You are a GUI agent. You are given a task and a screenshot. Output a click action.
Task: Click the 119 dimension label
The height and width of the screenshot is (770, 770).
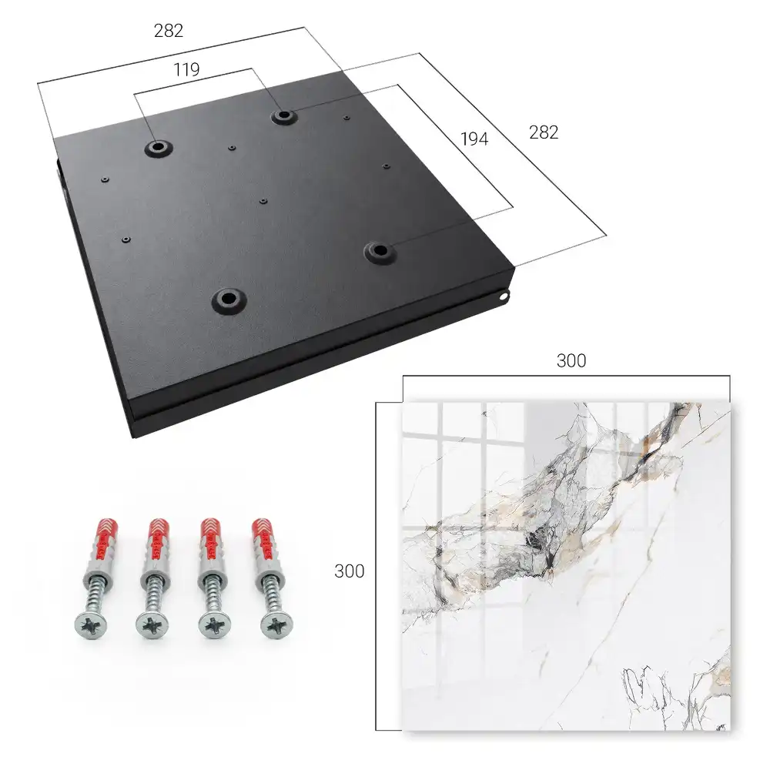click(x=186, y=70)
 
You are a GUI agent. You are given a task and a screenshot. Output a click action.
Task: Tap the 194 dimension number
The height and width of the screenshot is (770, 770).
click(x=474, y=139)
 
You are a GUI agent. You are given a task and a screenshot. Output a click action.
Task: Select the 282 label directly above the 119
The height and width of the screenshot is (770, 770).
click(x=169, y=31)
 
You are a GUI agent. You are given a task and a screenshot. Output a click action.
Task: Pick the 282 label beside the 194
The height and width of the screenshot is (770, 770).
click(x=544, y=132)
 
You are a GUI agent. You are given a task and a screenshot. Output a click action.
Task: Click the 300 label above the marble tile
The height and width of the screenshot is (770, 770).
click(x=571, y=361)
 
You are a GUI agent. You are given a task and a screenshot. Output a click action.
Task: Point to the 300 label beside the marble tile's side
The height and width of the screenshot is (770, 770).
click(x=349, y=571)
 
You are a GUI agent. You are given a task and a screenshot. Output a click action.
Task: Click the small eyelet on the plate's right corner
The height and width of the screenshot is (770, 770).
click(x=504, y=296)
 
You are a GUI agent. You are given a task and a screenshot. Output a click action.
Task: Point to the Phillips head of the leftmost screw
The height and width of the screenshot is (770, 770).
click(x=91, y=626)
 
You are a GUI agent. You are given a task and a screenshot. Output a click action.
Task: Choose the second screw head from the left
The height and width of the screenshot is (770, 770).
click(x=152, y=626)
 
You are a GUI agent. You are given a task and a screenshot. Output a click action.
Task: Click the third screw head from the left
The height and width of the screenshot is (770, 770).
click(x=215, y=626)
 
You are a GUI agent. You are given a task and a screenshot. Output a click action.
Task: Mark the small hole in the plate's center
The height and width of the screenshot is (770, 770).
click(x=263, y=201)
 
